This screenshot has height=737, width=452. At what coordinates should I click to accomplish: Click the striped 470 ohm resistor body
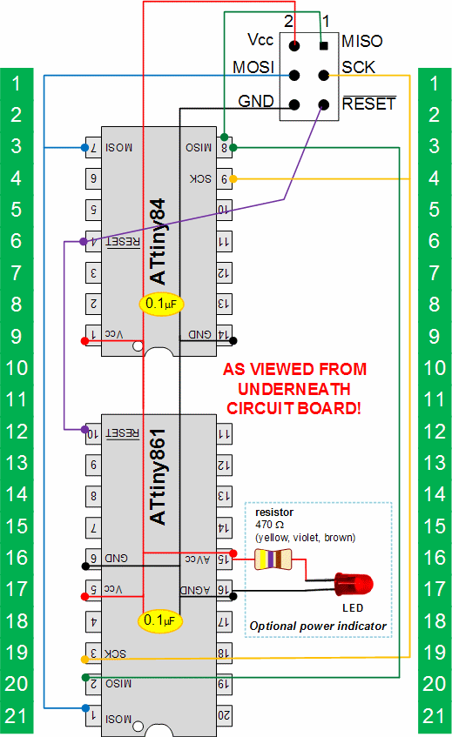[271, 562]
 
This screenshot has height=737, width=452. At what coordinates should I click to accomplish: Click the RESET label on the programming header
[368, 104]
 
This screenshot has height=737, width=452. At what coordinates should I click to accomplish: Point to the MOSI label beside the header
[253, 67]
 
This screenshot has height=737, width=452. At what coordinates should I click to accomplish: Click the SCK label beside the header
[358, 67]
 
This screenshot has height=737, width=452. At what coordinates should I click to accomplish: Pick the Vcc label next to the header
[260, 40]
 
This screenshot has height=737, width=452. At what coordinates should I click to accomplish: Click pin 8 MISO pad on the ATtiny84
[225, 148]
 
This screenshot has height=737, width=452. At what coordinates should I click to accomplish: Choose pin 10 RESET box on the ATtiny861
[91, 432]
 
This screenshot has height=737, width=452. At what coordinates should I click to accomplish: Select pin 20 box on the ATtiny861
[224, 715]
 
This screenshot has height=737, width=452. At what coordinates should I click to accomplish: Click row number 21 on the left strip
[17, 716]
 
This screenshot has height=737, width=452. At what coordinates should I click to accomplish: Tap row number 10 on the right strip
[435, 368]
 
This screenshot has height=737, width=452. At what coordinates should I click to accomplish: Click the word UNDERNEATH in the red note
[295, 388]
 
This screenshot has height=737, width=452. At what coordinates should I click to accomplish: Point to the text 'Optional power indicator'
[317, 626]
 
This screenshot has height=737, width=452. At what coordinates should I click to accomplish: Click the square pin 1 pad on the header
[324, 46]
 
